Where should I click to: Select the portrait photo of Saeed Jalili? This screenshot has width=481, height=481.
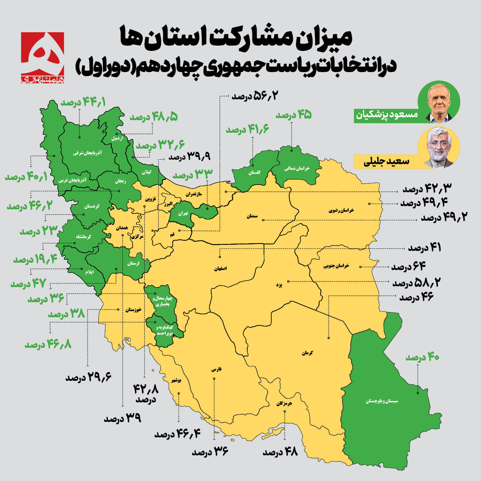[x=439, y=148]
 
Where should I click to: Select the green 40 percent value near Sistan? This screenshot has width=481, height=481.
[x=422, y=357]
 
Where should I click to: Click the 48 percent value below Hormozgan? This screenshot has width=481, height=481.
[x=281, y=452]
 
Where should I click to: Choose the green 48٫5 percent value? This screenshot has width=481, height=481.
[x=154, y=117]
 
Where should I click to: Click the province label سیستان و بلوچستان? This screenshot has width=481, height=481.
[x=382, y=401]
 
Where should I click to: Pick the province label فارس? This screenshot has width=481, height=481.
[x=216, y=369]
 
